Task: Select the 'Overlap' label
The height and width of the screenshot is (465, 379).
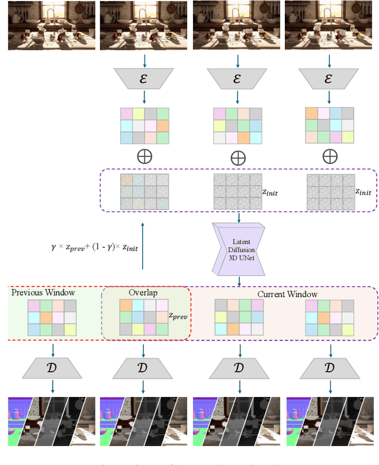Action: (142, 293)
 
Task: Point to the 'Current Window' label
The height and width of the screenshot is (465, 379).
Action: (287, 294)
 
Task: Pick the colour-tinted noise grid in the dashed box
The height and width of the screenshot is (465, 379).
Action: (144, 192)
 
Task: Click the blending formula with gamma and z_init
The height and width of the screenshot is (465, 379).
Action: (95, 247)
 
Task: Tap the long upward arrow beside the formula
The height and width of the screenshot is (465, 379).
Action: (142, 246)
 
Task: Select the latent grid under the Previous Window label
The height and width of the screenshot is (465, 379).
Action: (52, 318)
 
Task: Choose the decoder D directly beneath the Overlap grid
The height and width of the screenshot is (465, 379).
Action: (144, 369)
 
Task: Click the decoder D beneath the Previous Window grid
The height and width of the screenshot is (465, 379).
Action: (52, 369)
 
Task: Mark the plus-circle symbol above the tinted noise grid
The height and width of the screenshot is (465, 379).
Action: (144, 157)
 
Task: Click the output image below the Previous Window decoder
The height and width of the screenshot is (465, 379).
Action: (52, 421)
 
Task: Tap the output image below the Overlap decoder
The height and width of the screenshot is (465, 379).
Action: (144, 421)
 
